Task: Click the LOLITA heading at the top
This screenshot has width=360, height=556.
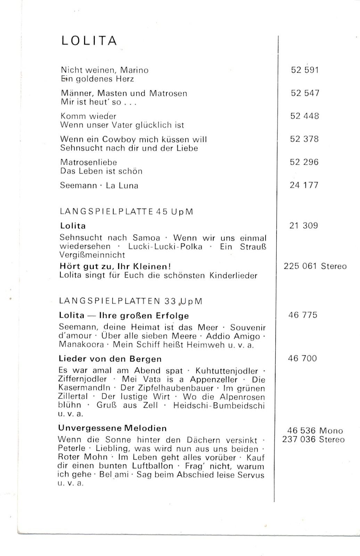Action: click(89, 41)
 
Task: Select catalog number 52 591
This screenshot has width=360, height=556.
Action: click(305, 70)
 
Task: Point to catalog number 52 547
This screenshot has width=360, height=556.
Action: click(305, 93)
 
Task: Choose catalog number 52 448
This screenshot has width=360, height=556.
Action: click(304, 116)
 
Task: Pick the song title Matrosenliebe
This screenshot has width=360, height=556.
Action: click(89, 162)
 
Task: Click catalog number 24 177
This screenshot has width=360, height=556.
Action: click(304, 185)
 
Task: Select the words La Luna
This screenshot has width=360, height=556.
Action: click(122, 186)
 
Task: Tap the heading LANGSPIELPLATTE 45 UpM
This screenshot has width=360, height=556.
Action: click(126, 212)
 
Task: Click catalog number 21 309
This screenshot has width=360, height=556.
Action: click(303, 226)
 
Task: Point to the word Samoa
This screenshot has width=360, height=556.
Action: click(146, 238)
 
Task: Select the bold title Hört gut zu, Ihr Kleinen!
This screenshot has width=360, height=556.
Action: click(115, 267)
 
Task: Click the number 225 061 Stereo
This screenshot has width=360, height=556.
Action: click(315, 267)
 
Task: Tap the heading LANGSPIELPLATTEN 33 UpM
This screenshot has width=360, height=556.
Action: click(131, 301)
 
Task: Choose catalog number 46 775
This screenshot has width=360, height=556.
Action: click(303, 315)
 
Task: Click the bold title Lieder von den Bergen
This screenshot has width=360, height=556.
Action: click(110, 359)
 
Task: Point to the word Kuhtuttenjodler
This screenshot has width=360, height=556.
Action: click(227, 371)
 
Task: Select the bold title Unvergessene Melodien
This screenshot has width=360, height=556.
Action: click(113, 428)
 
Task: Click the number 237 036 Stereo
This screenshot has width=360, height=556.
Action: click(313, 440)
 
